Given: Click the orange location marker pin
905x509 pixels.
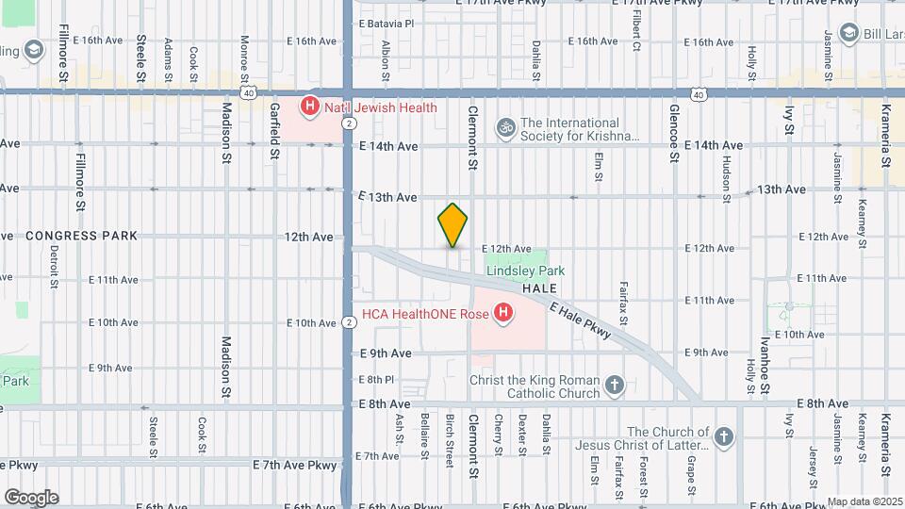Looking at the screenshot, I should tap(452, 225).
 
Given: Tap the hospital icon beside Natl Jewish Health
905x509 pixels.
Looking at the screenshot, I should tap(309, 107).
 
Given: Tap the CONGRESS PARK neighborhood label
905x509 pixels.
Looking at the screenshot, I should tap(81, 236).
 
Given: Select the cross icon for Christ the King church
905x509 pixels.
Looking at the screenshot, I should tap(615, 385).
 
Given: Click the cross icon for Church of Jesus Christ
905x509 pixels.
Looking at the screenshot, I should tap(723, 436).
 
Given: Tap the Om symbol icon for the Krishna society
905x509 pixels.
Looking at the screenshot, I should tap(505, 125).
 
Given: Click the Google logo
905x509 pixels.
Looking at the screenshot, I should tap(30, 497).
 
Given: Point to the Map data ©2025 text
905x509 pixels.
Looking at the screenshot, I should tap(864, 501).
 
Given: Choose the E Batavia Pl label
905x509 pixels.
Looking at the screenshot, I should tap(387, 23).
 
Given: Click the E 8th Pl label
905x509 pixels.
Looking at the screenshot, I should tap(375, 379).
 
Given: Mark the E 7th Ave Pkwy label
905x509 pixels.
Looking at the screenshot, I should tap(294, 465).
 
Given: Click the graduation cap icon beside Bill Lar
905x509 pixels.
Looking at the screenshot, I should tap(848, 31).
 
